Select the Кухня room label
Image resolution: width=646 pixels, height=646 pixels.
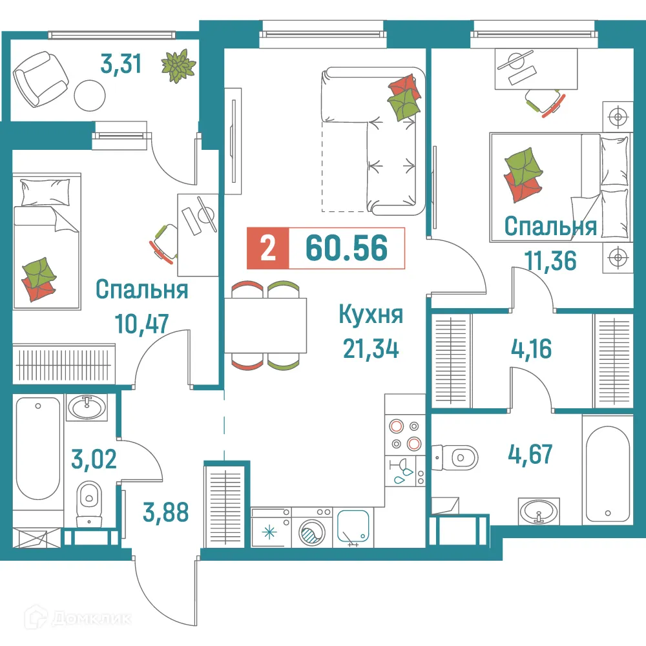[371, 316]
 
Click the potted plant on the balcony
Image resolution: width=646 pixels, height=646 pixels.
[178, 66]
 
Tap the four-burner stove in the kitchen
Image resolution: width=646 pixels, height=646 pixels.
[404, 435]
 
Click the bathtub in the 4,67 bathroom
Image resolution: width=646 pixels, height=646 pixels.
[607, 471]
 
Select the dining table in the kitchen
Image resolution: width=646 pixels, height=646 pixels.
[266, 325]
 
